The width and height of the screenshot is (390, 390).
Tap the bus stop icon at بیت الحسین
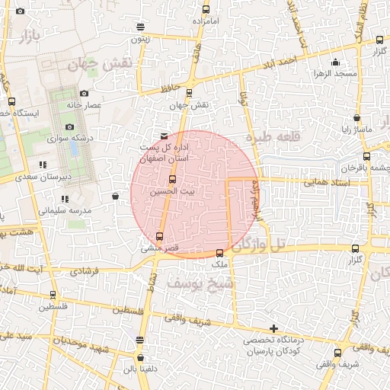click(171, 181)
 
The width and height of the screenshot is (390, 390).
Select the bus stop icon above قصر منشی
click(158, 236)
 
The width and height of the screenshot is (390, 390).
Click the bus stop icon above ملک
click(220, 254)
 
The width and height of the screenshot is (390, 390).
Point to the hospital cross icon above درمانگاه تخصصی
click(274, 328)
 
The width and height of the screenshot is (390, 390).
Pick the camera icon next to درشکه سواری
click(70, 127)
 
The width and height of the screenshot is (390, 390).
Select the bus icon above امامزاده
click(205, 10)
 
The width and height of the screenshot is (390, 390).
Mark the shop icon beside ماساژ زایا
click(357, 118)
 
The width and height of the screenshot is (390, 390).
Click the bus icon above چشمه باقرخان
click(366, 155)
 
